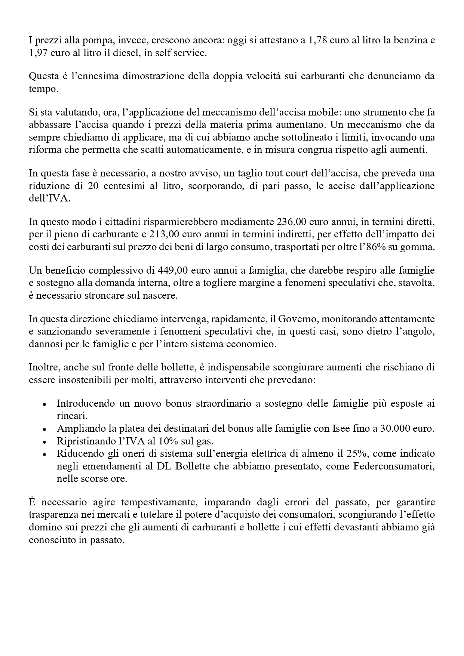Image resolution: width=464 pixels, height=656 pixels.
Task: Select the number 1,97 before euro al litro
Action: (x=37, y=53)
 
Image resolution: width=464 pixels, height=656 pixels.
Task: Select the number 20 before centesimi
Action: (x=93, y=186)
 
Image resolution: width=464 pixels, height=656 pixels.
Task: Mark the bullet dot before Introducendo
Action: (x=44, y=405)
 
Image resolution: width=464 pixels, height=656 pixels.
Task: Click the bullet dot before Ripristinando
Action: (x=44, y=441)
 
